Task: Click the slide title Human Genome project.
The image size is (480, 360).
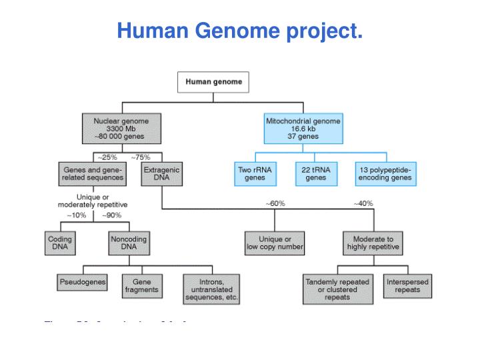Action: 240,31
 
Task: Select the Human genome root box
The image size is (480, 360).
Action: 213,83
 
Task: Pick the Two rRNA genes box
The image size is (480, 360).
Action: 255,174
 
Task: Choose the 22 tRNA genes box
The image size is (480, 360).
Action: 315,174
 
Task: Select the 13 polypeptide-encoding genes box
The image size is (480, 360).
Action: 385,174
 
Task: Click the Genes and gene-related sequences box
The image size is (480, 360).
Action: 93,174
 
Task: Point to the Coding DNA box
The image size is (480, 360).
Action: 60,243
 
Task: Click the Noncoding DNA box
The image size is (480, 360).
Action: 128,243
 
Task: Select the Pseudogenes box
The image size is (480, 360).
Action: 83,282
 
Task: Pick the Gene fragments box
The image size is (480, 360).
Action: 141,286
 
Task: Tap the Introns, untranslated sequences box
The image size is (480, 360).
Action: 211,289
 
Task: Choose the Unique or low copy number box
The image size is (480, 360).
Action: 274,243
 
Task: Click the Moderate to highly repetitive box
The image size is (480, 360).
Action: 373,243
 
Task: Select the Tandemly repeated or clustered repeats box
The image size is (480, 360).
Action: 338,289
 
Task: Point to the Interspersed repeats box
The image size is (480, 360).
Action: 407,286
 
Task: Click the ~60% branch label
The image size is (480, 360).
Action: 275,203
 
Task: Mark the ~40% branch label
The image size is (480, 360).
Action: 363,203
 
